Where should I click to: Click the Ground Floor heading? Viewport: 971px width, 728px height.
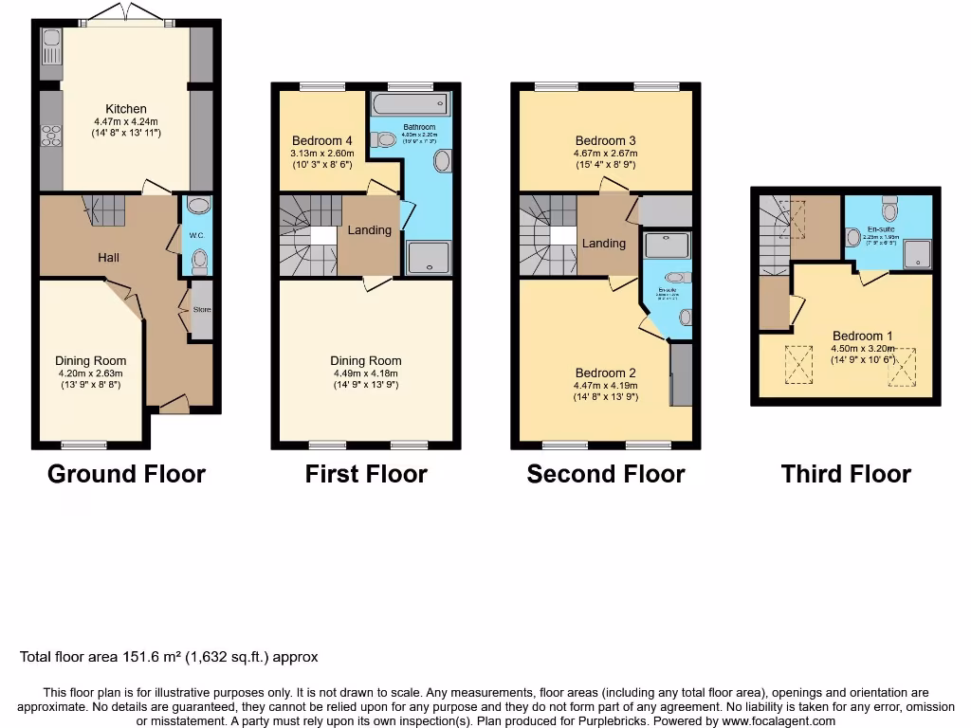(x=126, y=474)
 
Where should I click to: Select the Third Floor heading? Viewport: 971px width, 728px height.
(x=846, y=474)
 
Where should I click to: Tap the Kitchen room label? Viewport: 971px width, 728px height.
(x=126, y=109)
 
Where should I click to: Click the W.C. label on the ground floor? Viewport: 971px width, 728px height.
(x=197, y=236)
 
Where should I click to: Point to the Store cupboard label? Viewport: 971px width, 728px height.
(x=201, y=310)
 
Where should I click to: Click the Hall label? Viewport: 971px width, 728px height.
(x=108, y=257)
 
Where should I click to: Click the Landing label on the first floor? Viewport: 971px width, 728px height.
(x=369, y=229)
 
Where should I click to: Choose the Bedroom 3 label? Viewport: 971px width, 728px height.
(x=604, y=140)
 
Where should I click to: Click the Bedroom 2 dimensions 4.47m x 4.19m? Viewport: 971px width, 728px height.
(x=604, y=386)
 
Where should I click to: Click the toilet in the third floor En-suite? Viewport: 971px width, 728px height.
(x=889, y=207)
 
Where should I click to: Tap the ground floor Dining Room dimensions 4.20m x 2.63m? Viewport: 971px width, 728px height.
(x=90, y=373)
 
